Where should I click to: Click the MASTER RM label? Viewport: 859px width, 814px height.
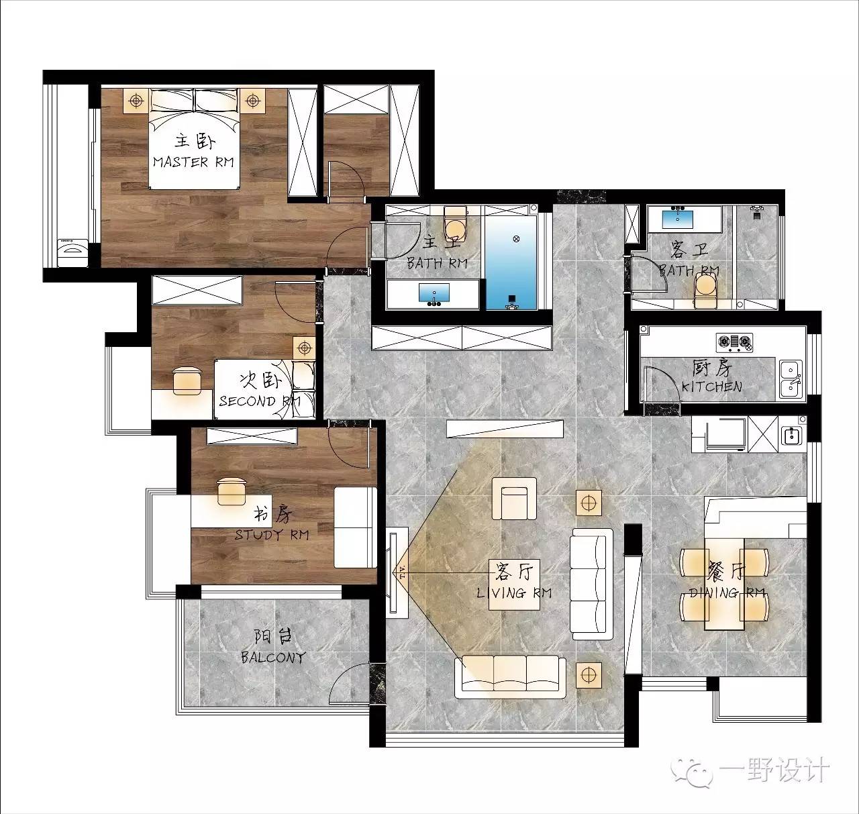(x=193, y=162)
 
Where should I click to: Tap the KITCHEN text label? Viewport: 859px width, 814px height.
(x=711, y=387)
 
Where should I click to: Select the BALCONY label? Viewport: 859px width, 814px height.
(x=273, y=657)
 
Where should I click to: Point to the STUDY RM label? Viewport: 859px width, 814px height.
(x=272, y=534)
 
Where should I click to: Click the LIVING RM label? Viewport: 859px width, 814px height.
(x=514, y=593)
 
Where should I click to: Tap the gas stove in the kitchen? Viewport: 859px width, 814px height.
(x=734, y=343)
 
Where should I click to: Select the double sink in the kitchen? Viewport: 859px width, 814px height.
(x=792, y=380)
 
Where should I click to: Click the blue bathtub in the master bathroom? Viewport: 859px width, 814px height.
(x=511, y=262)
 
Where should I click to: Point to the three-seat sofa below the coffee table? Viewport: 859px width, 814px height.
(x=510, y=676)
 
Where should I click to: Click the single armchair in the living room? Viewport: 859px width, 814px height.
(x=514, y=499)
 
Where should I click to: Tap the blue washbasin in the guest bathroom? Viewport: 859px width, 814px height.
(x=678, y=218)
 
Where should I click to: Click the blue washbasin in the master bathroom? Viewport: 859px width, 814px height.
(x=434, y=293)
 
